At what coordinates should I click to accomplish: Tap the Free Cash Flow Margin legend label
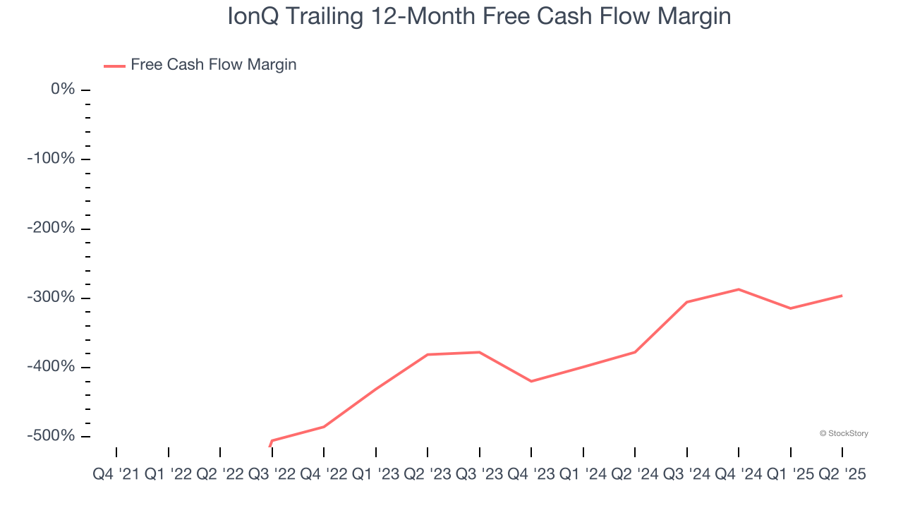click(213, 65)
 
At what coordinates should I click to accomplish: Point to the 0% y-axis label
click(62, 89)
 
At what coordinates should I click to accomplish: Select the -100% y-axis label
click(51, 158)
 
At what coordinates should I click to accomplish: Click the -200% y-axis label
click(51, 228)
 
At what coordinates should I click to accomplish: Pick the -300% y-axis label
click(51, 297)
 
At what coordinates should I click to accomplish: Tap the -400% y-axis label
click(51, 367)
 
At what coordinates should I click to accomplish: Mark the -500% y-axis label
click(51, 436)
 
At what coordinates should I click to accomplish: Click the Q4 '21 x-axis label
click(116, 475)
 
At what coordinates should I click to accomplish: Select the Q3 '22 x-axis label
click(272, 475)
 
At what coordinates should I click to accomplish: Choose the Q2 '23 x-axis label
click(428, 475)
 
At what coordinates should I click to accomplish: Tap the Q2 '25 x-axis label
click(842, 475)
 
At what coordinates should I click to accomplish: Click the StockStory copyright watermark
click(844, 433)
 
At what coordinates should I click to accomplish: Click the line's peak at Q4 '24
click(739, 289)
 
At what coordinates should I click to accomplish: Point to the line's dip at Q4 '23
click(531, 381)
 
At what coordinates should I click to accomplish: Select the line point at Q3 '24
click(687, 302)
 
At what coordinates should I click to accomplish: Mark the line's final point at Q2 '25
click(842, 296)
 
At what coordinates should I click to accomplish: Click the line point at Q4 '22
click(324, 427)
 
